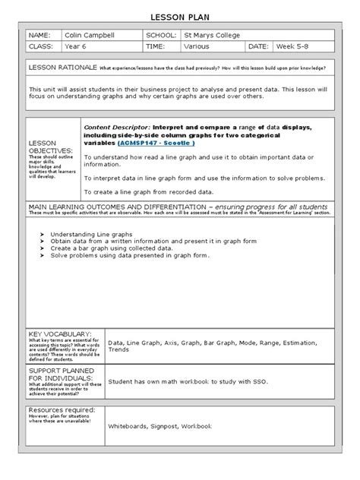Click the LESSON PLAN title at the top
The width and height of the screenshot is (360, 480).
pyautogui.click(x=181, y=15)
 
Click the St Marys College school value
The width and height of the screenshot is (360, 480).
pyautogui.click(x=213, y=35)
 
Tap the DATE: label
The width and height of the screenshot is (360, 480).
pyautogui.click(x=257, y=47)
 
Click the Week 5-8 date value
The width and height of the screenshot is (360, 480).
pyautogui.click(x=297, y=47)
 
